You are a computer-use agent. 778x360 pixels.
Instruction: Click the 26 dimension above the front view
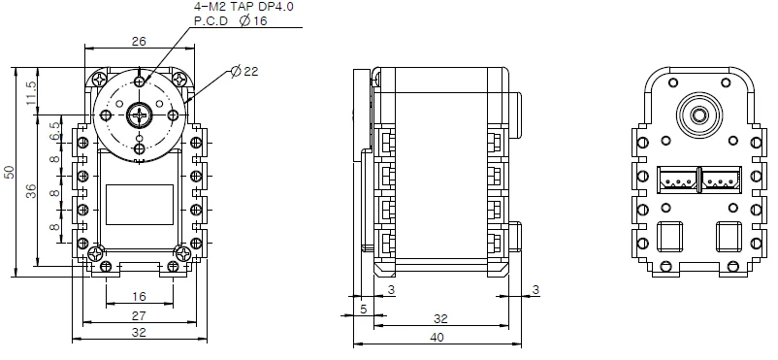(x=139, y=41)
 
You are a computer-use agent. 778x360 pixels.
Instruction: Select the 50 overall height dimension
(x=10, y=172)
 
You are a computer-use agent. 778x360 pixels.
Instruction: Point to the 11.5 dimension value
(x=31, y=93)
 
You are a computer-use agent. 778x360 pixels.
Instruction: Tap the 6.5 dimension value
(x=54, y=131)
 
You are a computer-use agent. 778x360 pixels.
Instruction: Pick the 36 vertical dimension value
(x=31, y=191)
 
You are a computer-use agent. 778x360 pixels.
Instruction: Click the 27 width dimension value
(x=139, y=315)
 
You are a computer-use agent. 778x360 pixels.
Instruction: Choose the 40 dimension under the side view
(x=437, y=338)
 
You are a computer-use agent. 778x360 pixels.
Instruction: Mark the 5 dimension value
(x=363, y=310)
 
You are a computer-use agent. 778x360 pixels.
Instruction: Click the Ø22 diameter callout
(x=244, y=71)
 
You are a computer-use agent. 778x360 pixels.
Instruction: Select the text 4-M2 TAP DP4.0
(x=246, y=8)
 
